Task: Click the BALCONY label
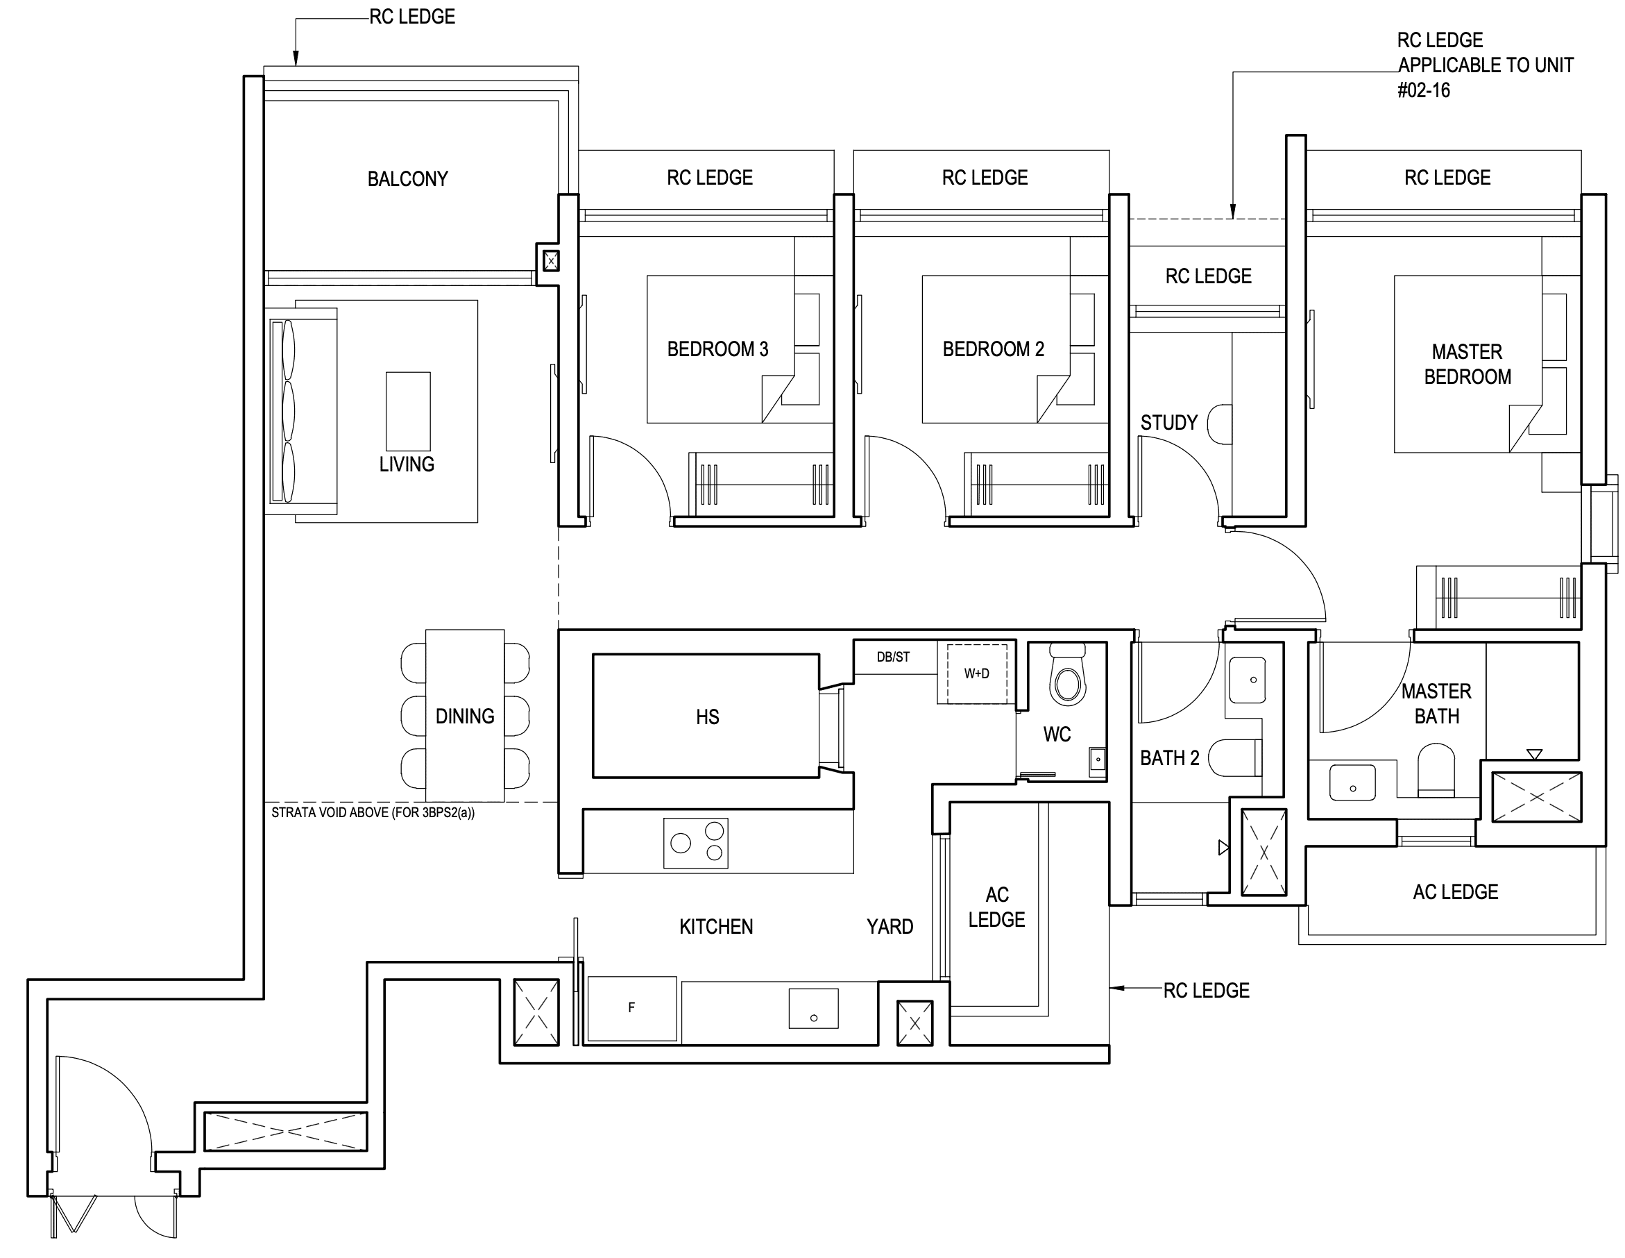tap(408, 178)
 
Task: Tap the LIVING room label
tap(407, 464)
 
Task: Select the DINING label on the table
tap(465, 716)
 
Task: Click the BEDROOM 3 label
tap(717, 349)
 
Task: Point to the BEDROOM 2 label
tap(994, 349)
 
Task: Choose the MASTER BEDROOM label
tap(1468, 364)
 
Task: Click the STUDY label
tap(1169, 423)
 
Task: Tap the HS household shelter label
tap(708, 717)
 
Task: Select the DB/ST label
tap(893, 657)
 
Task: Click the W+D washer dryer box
tap(977, 673)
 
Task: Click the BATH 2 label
tap(1170, 757)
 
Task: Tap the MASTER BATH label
tap(1437, 703)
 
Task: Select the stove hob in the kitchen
tap(696, 844)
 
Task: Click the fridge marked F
tap(631, 1009)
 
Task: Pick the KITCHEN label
tap(716, 927)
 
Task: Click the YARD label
tap(890, 927)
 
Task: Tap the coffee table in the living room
tap(408, 412)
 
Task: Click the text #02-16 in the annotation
tap(1424, 91)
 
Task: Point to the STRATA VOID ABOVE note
tap(373, 813)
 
